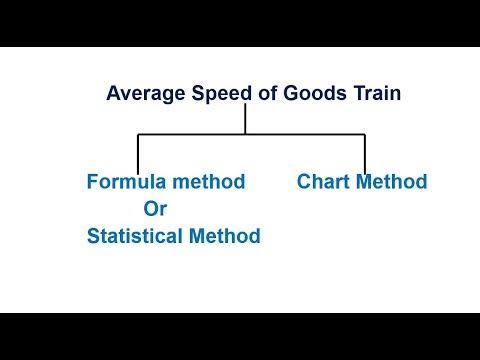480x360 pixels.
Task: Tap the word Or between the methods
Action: (156, 209)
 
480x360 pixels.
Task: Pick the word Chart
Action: (322, 182)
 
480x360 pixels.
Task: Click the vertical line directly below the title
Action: (246, 118)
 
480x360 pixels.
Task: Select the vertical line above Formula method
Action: (138, 153)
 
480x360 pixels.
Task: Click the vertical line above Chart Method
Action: (364, 153)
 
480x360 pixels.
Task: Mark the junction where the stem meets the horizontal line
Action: (246, 134)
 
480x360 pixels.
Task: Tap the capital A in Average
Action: (114, 95)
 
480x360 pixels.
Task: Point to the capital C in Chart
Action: (304, 182)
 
